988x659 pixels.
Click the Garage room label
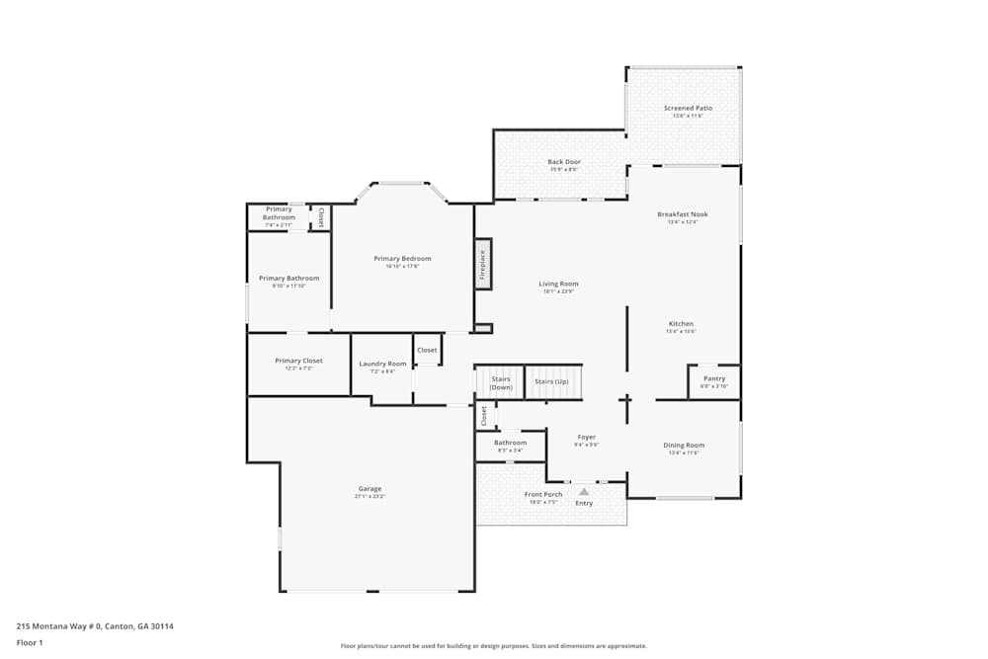pyautogui.click(x=370, y=489)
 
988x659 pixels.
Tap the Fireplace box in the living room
pyautogui.click(x=483, y=265)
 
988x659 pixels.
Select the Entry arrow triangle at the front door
pyautogui.click(x=584, y=491)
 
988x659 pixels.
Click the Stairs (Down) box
pyautogui.click(x=500, y=382)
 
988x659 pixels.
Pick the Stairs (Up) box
pyautogui.click(x=551, y=381)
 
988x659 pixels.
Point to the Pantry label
pyautogui.click(x=713, y=378)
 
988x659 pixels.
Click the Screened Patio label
pyautogui.click(x=688, y=109)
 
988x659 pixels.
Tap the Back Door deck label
pyautogui.click(x=564, y=162)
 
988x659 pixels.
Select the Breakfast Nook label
pyautogui.click(x=683, y=214)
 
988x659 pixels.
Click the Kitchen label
pyautogui.click(x=681, y=324)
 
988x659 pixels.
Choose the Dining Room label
pyautogui.click(x=684, y=446)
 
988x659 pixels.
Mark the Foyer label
pyautogui.click(x=587, y=437)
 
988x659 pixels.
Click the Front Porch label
pyautogui.click(x=543, y=494)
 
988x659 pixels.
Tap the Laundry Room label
pyautogui.click(x=382, y=364)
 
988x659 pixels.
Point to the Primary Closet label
pyautogui.click(x=298, y=361)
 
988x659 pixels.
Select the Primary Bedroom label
pyautogui.click(x=402, y=259)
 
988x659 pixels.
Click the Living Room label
pyautogui.click(x=558, y=284)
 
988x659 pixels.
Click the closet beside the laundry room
pyautogui.click(x=427, y=350)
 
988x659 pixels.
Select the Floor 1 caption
pyautogui.click(x=30, y=642)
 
